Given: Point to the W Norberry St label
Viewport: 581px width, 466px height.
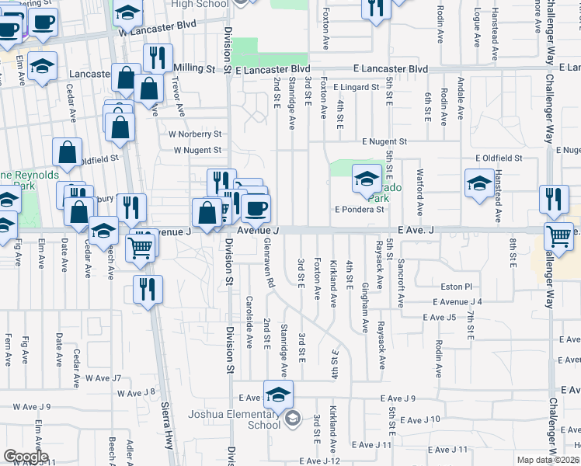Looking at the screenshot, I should pos(195,134).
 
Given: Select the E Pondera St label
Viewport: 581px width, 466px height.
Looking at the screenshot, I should pos(360,209).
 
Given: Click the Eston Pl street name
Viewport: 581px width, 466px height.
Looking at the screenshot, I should pos(457,287).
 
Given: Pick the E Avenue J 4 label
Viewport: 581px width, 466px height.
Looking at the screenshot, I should pos(458,301).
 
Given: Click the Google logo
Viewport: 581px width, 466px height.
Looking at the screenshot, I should pos(25,457).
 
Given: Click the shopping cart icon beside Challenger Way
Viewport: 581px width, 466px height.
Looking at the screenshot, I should pos(559,236).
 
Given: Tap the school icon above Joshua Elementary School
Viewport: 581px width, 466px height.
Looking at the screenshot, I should pos(277,394).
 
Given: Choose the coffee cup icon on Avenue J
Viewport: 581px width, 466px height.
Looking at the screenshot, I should pos(256,207).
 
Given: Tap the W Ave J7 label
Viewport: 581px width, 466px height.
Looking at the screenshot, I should pos(104,378).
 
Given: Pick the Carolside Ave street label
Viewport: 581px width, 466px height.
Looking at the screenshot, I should pos(249,322).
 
